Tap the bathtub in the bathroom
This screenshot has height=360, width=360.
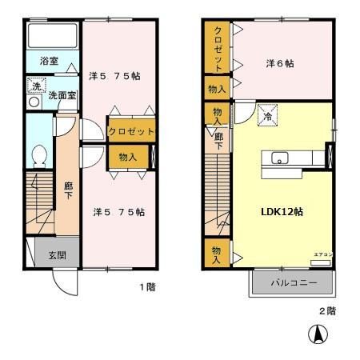(52, 37)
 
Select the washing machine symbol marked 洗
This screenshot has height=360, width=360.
(34, 86)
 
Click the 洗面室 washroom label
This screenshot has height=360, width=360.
(60, 95)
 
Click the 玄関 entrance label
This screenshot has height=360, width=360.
(57, 255)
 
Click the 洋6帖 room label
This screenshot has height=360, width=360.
(279, 63)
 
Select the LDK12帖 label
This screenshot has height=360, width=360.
(280, 212)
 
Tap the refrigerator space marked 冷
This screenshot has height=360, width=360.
(266, 117)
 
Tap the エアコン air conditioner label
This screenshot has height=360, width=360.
(322, 254)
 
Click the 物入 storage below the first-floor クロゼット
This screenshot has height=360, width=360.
(128, 157)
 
